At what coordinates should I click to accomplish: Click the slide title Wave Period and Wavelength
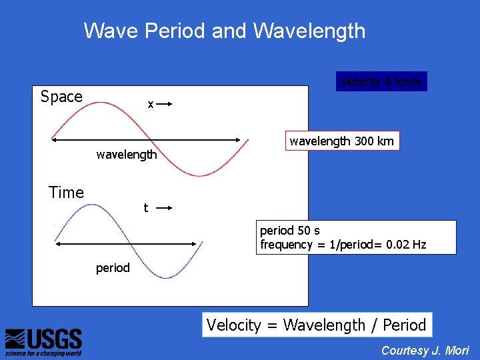[x=225, y=31]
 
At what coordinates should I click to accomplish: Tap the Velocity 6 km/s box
[x=381, y=82]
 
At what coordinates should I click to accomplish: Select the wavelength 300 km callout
[x=342, y=141]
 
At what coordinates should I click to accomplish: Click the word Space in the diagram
[x=61, y=97]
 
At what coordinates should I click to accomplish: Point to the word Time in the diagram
[x=66, y=193]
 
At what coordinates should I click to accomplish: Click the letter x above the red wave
[x=151, y=105]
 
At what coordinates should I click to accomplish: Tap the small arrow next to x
[x=165, y=104]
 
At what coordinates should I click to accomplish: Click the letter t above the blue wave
[x=146, y=208]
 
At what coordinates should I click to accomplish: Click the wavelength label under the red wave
[x=127, y=155]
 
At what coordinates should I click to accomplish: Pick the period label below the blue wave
[x=113, y=268]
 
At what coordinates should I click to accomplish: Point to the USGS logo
[x=43, y=342]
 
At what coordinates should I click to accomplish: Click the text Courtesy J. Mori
[x=425, y=351]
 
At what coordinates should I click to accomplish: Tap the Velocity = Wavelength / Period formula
[x=316, y=325]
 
